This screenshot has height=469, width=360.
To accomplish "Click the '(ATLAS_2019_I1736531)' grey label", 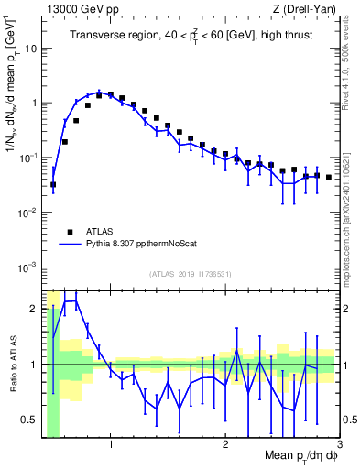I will [x=191, y=275].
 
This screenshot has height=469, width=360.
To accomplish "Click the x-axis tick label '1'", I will [x=111, y=444].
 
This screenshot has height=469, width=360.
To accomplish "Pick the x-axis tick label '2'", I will [x=225, y=444].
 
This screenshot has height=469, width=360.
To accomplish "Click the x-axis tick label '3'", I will [x=339, y=444].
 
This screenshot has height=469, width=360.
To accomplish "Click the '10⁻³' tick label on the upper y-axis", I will [x=29, y=267].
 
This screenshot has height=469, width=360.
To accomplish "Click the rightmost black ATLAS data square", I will [x=329, y=177].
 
